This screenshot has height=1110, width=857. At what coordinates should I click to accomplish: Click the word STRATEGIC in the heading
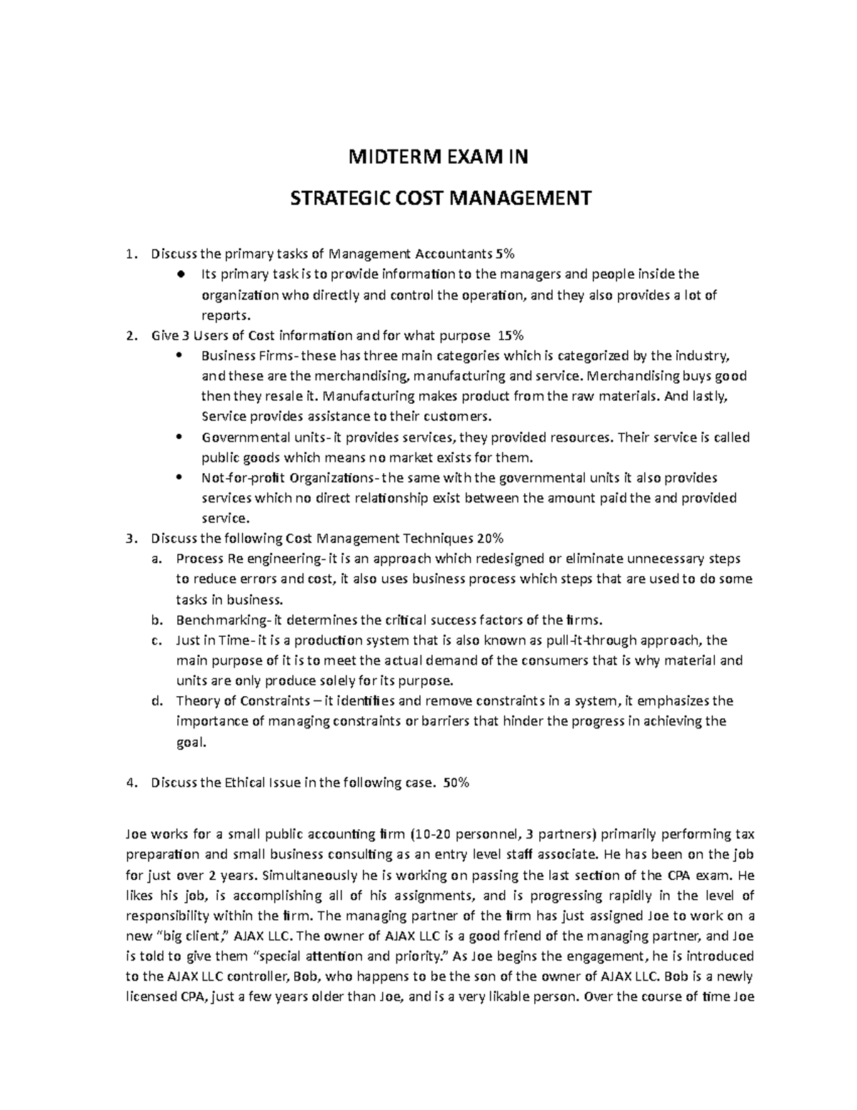(x=331, y=197)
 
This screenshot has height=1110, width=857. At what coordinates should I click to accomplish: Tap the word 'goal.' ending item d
(x=191, y=742)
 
